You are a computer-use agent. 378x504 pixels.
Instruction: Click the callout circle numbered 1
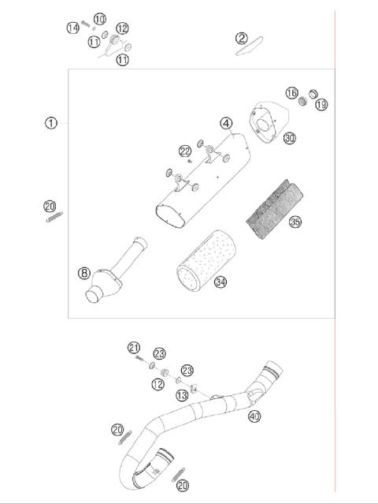(x=51, y=123)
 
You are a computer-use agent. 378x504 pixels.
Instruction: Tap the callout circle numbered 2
(x=242, y=38)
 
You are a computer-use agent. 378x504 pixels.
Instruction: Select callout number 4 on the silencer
(x=226, y=123)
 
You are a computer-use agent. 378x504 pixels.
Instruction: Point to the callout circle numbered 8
(x=83, y=273)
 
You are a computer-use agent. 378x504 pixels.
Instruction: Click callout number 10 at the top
(x=99, y=18)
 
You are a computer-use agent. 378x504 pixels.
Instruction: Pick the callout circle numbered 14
(x=73, y=28)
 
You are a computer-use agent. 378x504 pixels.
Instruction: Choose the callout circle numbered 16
(x=291, y=93)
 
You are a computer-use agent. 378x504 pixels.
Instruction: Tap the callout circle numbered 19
(x=321, y=104)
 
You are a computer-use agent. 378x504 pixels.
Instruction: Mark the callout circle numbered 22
(x=184, y=151)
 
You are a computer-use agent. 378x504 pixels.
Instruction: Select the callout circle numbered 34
(x=221, y=282)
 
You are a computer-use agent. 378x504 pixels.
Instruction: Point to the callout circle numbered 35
(x=295, y=222)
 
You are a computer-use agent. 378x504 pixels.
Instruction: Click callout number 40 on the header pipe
(x=254, y=416)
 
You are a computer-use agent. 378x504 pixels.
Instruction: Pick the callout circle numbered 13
(x=182, y=395)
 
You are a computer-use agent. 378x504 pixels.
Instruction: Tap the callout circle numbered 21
(x=134, y=347)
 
